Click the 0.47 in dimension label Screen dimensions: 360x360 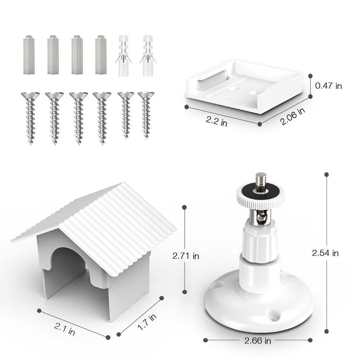click(328, 86)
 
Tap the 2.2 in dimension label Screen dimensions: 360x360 click(216, 121)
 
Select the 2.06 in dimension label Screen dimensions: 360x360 click(293, 116)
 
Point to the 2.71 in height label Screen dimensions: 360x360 click(186, 256)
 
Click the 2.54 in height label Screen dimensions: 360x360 click(325, 253)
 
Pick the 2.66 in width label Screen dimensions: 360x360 click(258, 341)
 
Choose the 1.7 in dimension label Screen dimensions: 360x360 click(147, 322)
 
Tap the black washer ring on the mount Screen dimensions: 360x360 click(260, 191)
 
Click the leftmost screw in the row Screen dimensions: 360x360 click(30, 118)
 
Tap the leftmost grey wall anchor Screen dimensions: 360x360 click(29, 55)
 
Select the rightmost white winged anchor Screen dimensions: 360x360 click(148, 56)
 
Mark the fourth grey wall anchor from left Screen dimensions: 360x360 click(101, 55)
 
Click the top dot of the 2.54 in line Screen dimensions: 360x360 click(327, 175)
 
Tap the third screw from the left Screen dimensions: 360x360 click(78, 118)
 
